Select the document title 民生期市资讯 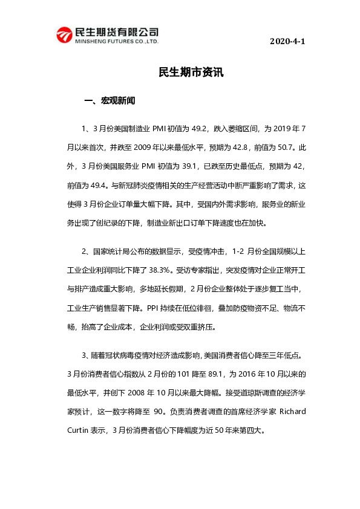click(191, 72)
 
